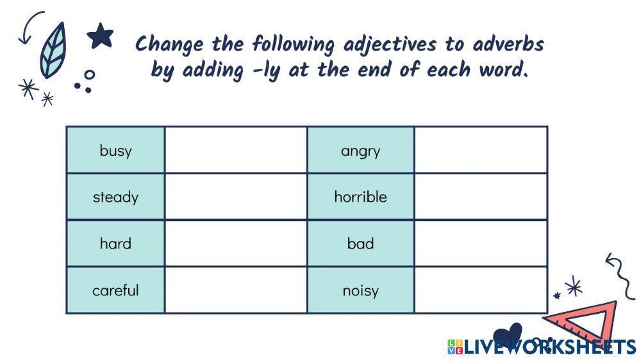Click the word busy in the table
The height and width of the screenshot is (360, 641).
pos(115,151)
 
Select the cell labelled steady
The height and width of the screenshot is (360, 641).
pos(115,197)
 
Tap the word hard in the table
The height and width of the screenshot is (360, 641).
pos(115,243)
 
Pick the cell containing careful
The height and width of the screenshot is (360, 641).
pos(115,290)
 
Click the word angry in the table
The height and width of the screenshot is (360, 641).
pos(360,151)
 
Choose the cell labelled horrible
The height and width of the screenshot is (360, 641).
pos(360,197)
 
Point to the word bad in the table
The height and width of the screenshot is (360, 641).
pos(360,243)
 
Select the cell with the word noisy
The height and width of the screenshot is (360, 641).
pos(360,290)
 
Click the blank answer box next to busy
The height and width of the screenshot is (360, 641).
pos(236,151)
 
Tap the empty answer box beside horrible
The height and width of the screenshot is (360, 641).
pos(481,197)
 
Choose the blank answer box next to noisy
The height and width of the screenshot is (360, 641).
pos(481,290)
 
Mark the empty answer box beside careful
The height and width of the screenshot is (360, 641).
pos(236,290)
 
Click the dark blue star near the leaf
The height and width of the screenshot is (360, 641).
pos(100,36)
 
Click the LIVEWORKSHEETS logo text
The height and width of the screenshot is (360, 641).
pos(548,347)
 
